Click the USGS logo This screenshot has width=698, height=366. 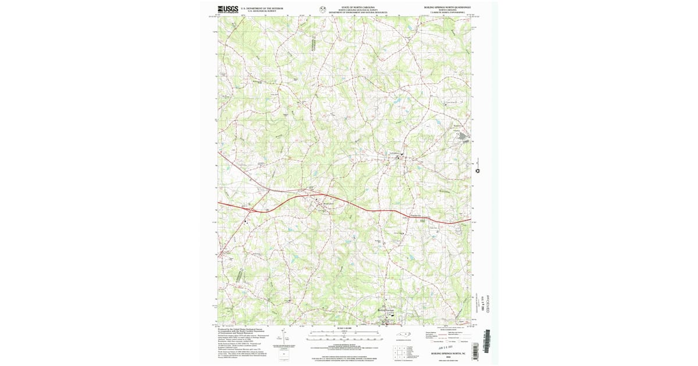coord(227,9)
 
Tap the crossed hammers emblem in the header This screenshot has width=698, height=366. coord(322,9)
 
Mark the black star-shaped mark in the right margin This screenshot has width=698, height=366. coord(478,171)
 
